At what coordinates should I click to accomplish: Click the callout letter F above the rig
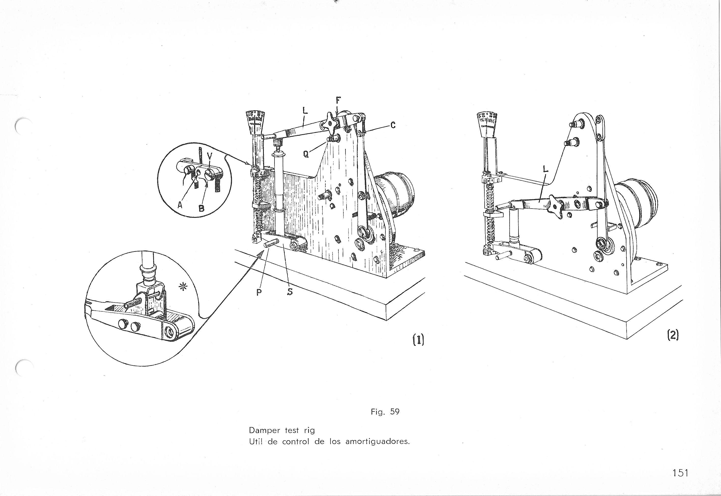(338, 101)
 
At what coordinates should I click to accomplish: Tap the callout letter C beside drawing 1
(393, 125)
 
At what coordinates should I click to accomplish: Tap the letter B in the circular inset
(201, 209)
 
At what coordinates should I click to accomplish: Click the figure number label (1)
(418, 340)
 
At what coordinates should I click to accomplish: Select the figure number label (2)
(673, 336)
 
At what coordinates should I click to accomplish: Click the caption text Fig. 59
(385, 412)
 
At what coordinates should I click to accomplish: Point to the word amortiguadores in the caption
(377, 442)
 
